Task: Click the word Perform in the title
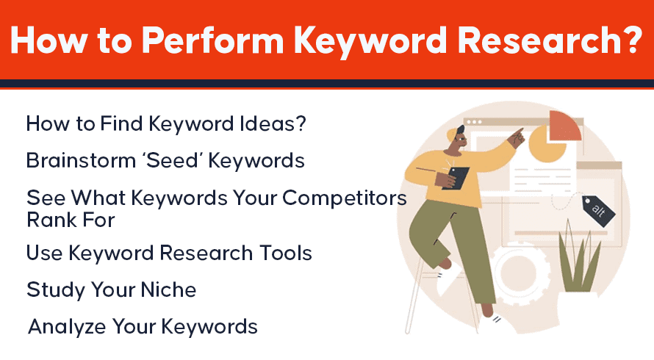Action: [213, 40]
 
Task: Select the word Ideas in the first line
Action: [268, 124]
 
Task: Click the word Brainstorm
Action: [81, 161]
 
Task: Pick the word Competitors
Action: [345, 198]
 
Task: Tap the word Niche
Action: [168, 290]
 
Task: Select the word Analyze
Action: [67, 327]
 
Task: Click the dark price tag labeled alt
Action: [599, 211]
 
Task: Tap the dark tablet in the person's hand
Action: [458, 178]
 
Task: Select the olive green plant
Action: [580, 259]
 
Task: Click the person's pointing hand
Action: [518, 137]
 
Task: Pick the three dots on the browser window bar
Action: [474, 122]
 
